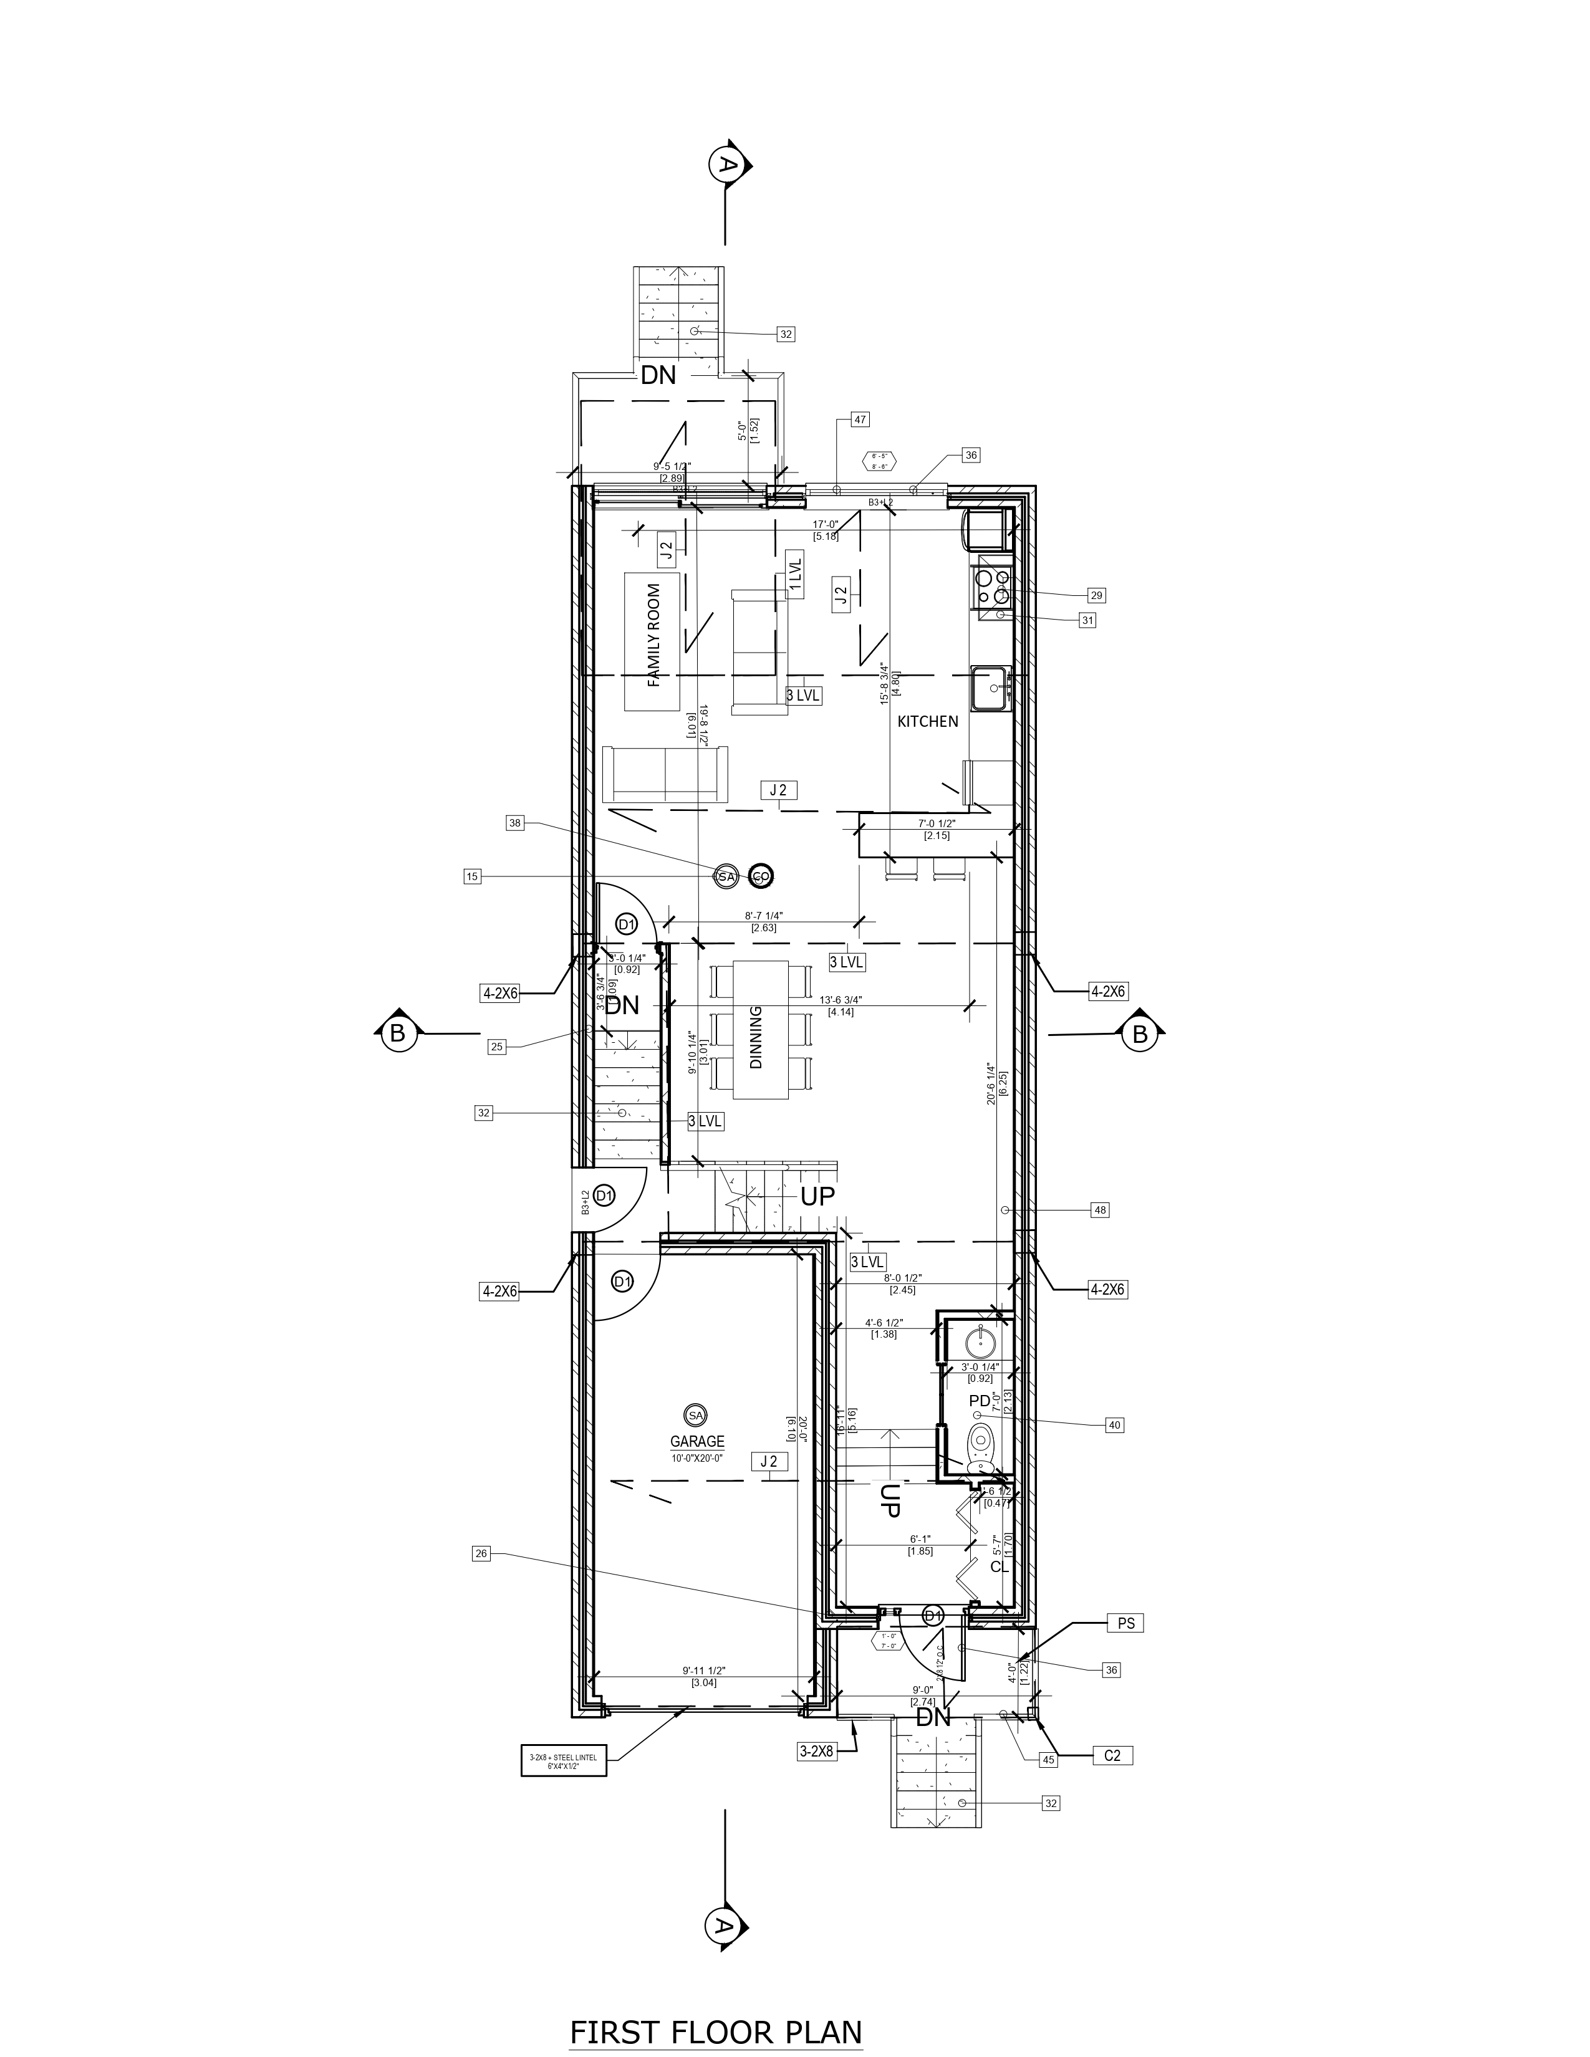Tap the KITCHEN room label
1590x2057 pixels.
(x=928, y=721)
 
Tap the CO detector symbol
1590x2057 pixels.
(x=760, y=877)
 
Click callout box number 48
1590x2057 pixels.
(x=1099, y=1211)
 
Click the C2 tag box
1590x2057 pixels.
(x=1112, y=1755)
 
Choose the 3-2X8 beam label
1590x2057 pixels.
(x=816, y=1752)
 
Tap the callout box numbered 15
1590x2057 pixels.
(x=472, y=877)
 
